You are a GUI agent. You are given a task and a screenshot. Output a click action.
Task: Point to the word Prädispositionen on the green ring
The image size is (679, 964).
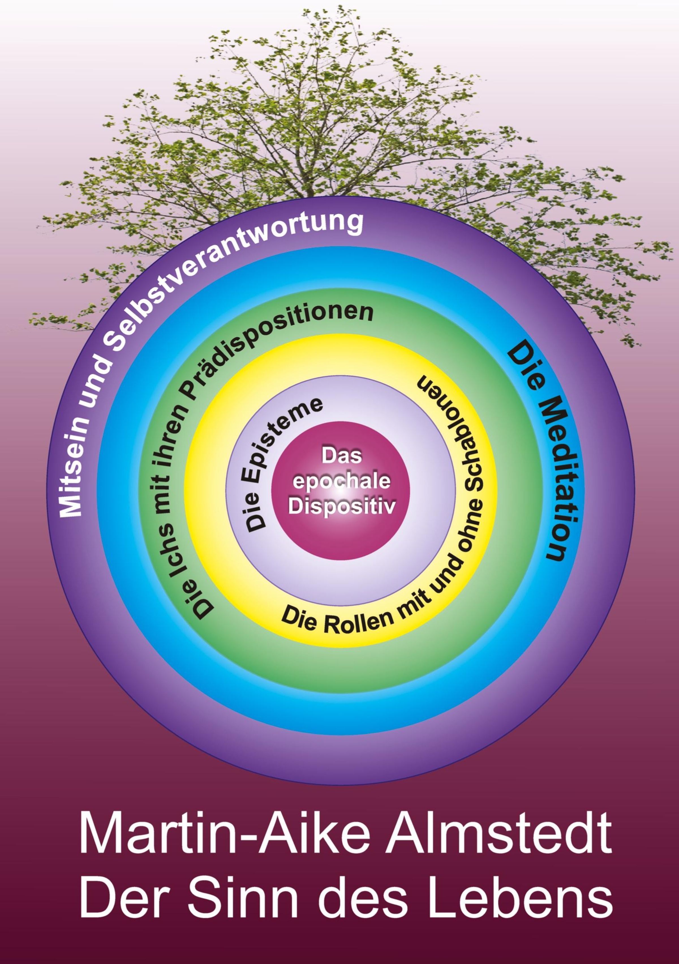pyautogui.click(x=268, y=344)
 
